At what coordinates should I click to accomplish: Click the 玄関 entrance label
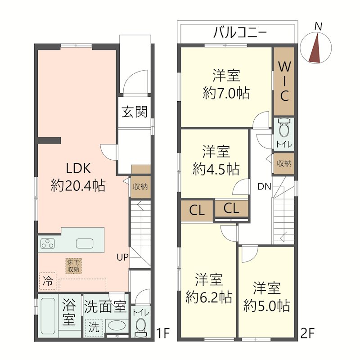coord(135,112)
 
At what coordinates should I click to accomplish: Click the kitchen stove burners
coord(47,244)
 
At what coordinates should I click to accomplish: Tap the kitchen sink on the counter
coord(85,243)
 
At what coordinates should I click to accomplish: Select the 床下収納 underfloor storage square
coord(73,265)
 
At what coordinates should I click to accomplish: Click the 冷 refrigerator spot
coord(47,282)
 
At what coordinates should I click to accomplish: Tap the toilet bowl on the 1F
coord(141,325)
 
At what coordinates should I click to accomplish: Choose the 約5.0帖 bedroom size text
coord(266,306)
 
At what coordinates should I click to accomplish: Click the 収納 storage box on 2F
coord(284,163)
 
